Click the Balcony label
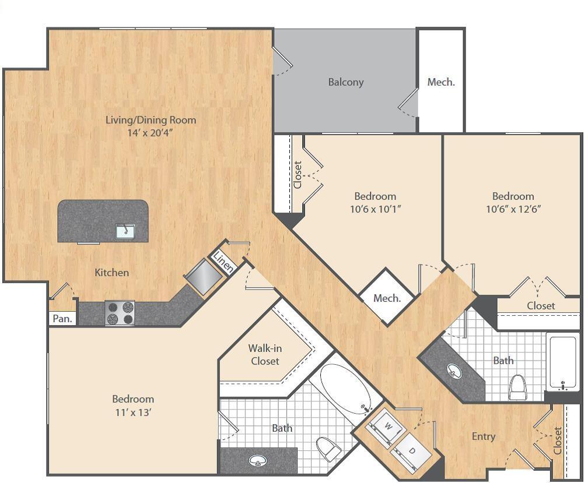pos(345,82)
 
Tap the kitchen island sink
pos(125,231)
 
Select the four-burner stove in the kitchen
pos(120,313)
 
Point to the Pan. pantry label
pos(62,318)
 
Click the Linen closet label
pos(223,262)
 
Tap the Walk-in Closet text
pos(265,354)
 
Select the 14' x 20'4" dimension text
pos(150,133)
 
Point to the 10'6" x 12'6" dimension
pos(513,209)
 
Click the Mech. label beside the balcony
pos(440,82)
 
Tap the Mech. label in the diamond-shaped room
pos(387,298)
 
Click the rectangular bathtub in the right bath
pos(562,363)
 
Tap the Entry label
pos(484,436)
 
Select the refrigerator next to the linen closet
pos(202,277)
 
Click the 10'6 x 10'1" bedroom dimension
pos(374,209)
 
